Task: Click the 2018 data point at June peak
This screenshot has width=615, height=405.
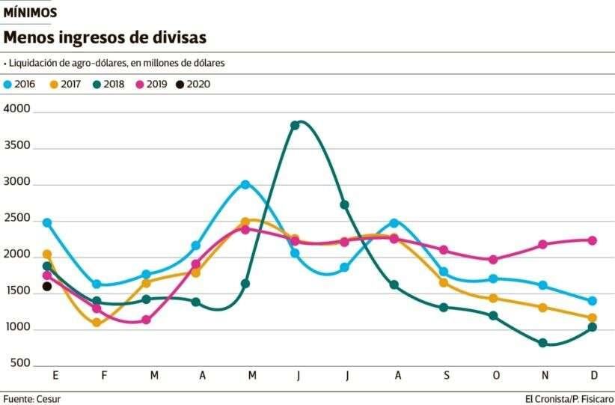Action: tap(295, 125)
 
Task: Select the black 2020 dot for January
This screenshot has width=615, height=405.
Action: tap(47, 286)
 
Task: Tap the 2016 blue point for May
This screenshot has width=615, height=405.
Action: tap(245, 184)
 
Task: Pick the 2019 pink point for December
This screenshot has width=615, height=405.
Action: tap(592, 240)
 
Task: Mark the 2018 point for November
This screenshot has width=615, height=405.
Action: tap(542, 343)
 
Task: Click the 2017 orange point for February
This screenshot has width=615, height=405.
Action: tap(97, 323)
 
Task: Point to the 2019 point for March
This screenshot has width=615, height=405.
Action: tap(147, 320)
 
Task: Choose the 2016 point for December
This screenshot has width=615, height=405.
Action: tap(592, 301)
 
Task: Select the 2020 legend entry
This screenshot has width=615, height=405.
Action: tap(193, 85)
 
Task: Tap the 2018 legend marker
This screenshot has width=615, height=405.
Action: tap(95, 85)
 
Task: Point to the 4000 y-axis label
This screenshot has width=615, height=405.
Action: tap(16, 109)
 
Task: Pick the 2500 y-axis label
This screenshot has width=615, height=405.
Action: tap(16, 219)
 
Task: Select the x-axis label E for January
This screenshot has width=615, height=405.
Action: tap(54, 374)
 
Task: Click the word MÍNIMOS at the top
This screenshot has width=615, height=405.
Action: tap(30, 13)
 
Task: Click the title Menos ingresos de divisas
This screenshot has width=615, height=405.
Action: tap(105, 37)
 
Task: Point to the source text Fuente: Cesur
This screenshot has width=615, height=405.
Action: tap(32, 398)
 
